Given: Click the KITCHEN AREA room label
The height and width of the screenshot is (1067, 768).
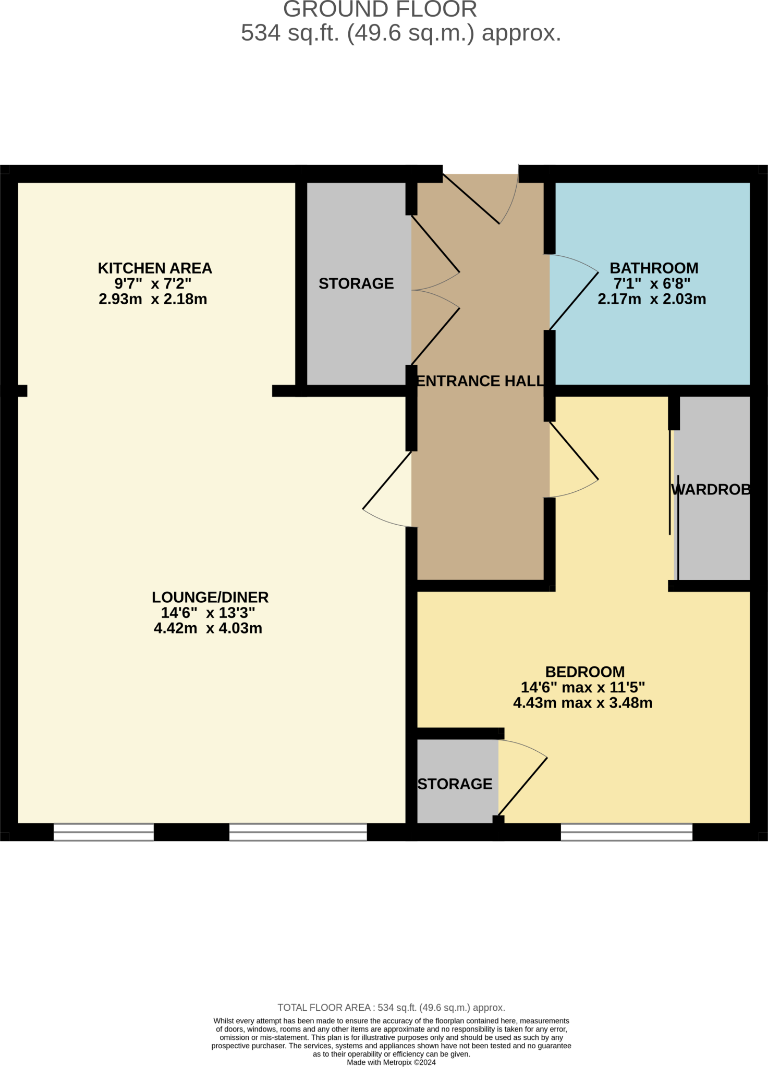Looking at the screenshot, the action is click(x=155, y=268).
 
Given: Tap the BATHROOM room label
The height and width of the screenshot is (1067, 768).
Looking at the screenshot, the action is click(x=654, y=268).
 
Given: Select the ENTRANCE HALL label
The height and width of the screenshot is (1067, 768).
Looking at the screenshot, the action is click(x=480, y=381).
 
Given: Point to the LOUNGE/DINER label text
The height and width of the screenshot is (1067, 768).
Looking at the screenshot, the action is click(x=210, y=597).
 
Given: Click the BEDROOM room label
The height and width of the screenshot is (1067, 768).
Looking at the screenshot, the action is click(x=585, y=672).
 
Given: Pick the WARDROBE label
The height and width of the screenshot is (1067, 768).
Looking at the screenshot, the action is click(x=711, y=489).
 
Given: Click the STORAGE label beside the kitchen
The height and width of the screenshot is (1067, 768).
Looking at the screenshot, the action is click(x=356, y=283).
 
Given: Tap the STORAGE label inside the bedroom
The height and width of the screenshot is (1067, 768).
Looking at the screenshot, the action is click(x=455, y=784).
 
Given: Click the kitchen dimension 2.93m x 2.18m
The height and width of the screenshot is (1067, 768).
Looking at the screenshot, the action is click(x=153, y=299).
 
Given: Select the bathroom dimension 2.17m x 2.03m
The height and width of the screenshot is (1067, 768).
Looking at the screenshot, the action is click(x=652, y=299).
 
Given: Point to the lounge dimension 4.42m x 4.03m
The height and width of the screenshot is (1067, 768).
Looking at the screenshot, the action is click(x=208, y=628).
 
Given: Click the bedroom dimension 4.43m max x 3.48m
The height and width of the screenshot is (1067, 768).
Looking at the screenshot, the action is click(x=583, y=703).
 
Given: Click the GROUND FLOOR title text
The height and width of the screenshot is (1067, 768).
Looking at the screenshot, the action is click(x=380, y=9).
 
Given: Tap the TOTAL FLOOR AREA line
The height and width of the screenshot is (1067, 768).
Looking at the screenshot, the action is click(x=391, y=1008).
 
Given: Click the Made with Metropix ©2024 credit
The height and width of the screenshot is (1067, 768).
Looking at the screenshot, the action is click(x=391, y=1062).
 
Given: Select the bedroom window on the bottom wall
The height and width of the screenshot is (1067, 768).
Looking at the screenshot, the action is click(x=627, y=832).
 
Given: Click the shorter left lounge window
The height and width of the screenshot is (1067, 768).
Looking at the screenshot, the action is click(x=104, y=832).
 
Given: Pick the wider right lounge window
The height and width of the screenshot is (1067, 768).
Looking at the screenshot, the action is click(x=298, y=832).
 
